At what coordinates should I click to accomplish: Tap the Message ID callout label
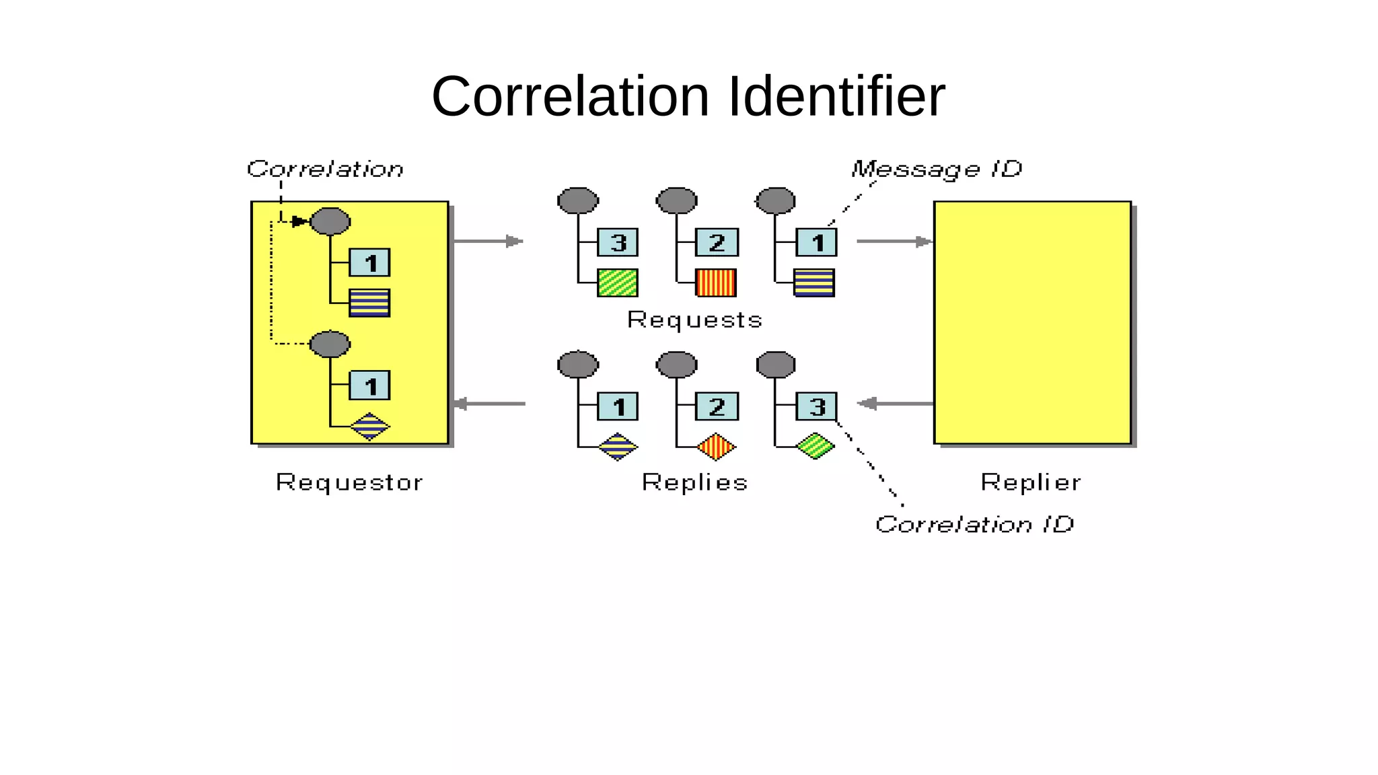click(936, 168)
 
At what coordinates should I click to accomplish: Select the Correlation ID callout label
click(974, 523)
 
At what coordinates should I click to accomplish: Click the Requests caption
click(694, 320)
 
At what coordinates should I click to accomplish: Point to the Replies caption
click(694, 482)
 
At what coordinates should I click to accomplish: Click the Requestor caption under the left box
click(349, 482)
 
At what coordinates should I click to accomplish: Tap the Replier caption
click(1030, 482)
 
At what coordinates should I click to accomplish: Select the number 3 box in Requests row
click(618, 242)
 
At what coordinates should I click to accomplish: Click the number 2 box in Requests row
click(717, 242)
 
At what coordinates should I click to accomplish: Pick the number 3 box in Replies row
click(816, 406)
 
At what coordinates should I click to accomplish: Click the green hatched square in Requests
click(618, 283)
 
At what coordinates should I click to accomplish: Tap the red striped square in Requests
click(716, 283)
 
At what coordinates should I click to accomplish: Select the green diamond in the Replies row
click(815, 446)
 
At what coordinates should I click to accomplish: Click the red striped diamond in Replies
click(717, 447)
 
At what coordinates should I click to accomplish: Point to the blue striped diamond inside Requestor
click(370, 427)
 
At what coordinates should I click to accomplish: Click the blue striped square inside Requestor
click(369, 303)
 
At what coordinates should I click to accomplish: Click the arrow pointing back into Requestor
click(489, 404)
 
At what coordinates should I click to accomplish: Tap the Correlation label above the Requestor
click(325, 168)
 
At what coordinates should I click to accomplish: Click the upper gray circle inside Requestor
click(330, 221)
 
